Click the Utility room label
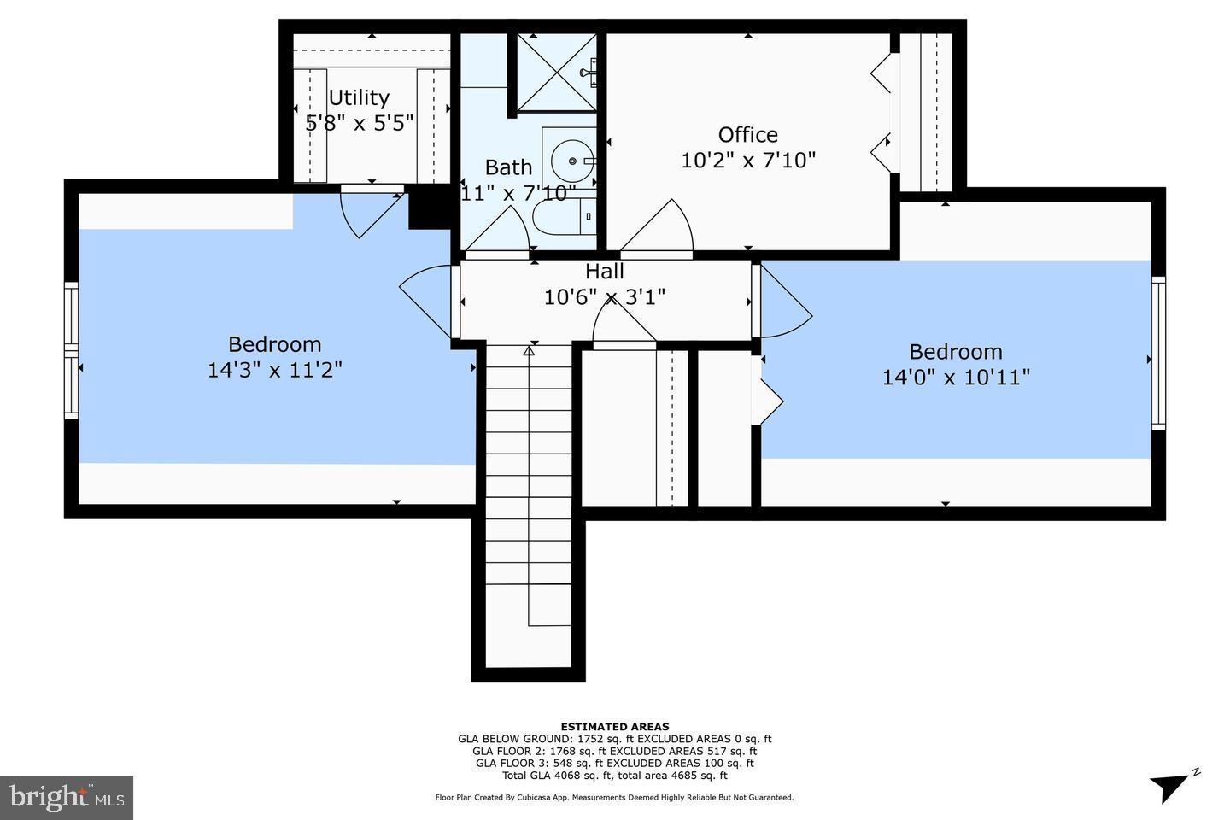[359, 97]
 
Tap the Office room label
[747, 135]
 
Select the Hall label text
[604, 272]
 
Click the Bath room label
[508, 167]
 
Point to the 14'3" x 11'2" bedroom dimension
[275, 370]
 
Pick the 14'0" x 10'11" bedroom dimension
[956, 377]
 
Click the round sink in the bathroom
[567, 159]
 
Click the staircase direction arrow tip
[529, 349]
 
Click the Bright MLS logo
[66, 798]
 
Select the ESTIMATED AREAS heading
[614, 727]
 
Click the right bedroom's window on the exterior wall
[1157, 353]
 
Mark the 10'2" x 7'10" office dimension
[748, 161]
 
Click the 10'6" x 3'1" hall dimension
[604, 297]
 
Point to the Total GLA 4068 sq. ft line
[614, 776]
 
